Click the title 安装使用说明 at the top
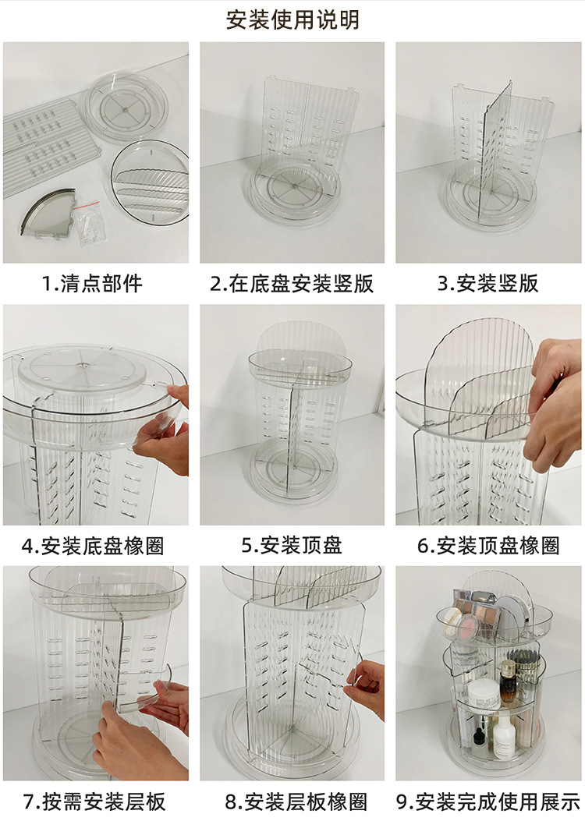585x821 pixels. click(292, 19)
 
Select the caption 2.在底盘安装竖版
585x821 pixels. click(292, 283)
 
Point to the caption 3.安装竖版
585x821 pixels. click(487, 283)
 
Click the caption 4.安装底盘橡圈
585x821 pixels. click(93, 545)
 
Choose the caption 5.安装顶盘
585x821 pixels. click(292, 545)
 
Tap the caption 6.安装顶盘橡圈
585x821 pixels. click(488, 545)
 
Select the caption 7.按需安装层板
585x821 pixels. click(93, 801)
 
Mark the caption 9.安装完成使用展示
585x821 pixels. click(488, 801)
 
